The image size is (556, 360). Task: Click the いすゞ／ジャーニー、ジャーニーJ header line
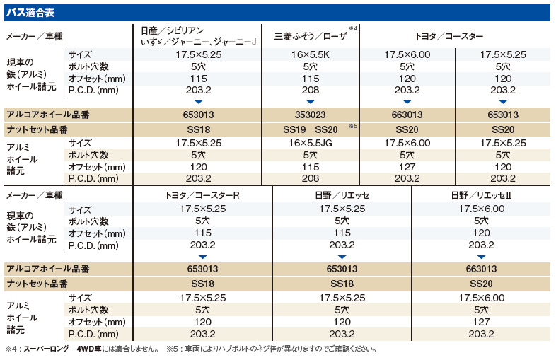(x=197, y=42)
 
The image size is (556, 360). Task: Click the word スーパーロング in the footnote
(x=51, y=349)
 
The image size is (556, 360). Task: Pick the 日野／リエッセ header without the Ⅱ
(x=342, y=195)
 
